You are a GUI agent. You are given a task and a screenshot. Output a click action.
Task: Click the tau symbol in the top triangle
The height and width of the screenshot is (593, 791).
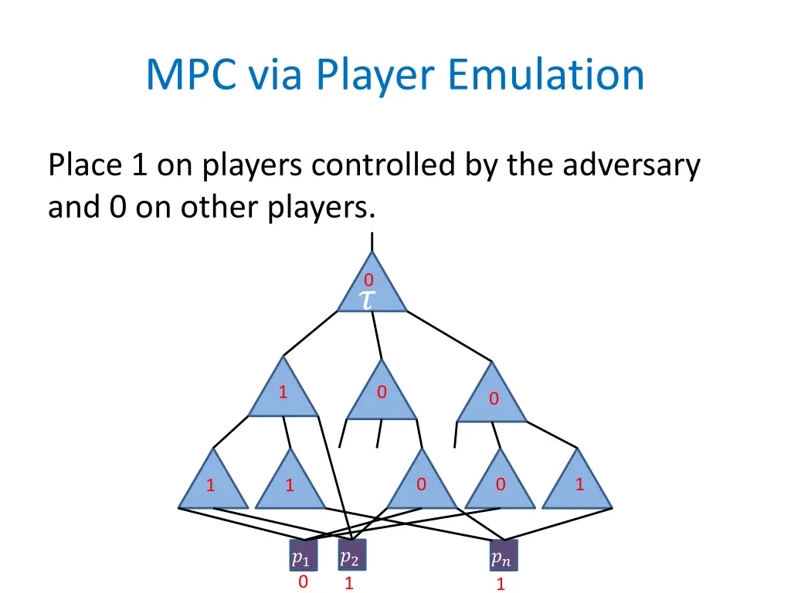tap(368, 300)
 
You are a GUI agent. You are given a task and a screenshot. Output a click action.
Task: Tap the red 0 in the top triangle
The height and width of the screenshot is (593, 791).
tap(369, 280)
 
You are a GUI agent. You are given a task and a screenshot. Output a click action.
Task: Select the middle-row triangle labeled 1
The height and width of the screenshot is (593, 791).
tap(283, 391)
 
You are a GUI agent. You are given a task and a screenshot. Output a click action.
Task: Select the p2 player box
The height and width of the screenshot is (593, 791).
tap(351, 556)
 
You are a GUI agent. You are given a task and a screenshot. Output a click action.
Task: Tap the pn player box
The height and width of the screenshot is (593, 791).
tap(503, 557)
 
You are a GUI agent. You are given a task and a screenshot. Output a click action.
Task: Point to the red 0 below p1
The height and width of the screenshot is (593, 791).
tap(303, 582)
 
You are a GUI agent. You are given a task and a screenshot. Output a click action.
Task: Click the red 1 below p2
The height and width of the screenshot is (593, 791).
tap(349, 584)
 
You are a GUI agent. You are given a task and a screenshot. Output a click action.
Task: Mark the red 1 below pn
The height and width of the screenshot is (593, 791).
tap(501, 585)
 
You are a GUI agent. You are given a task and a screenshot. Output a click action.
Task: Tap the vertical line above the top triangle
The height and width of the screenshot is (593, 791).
tap(372, 241)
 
